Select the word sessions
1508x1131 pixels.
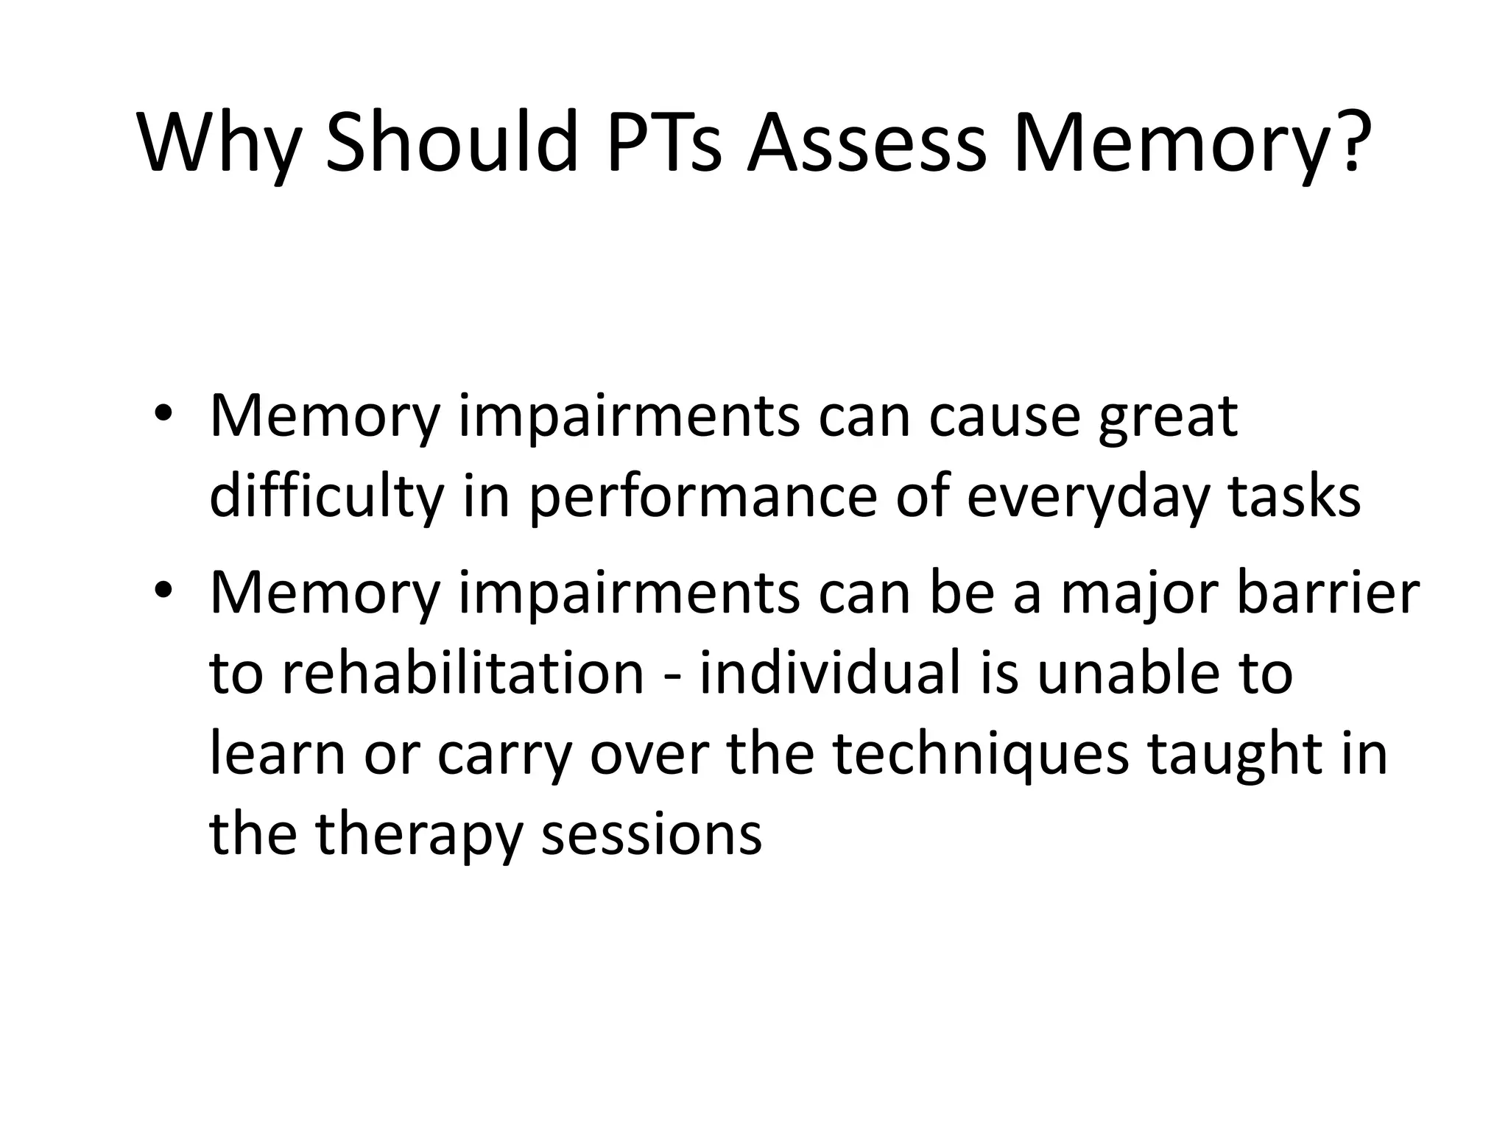click(x=652, y=836)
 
